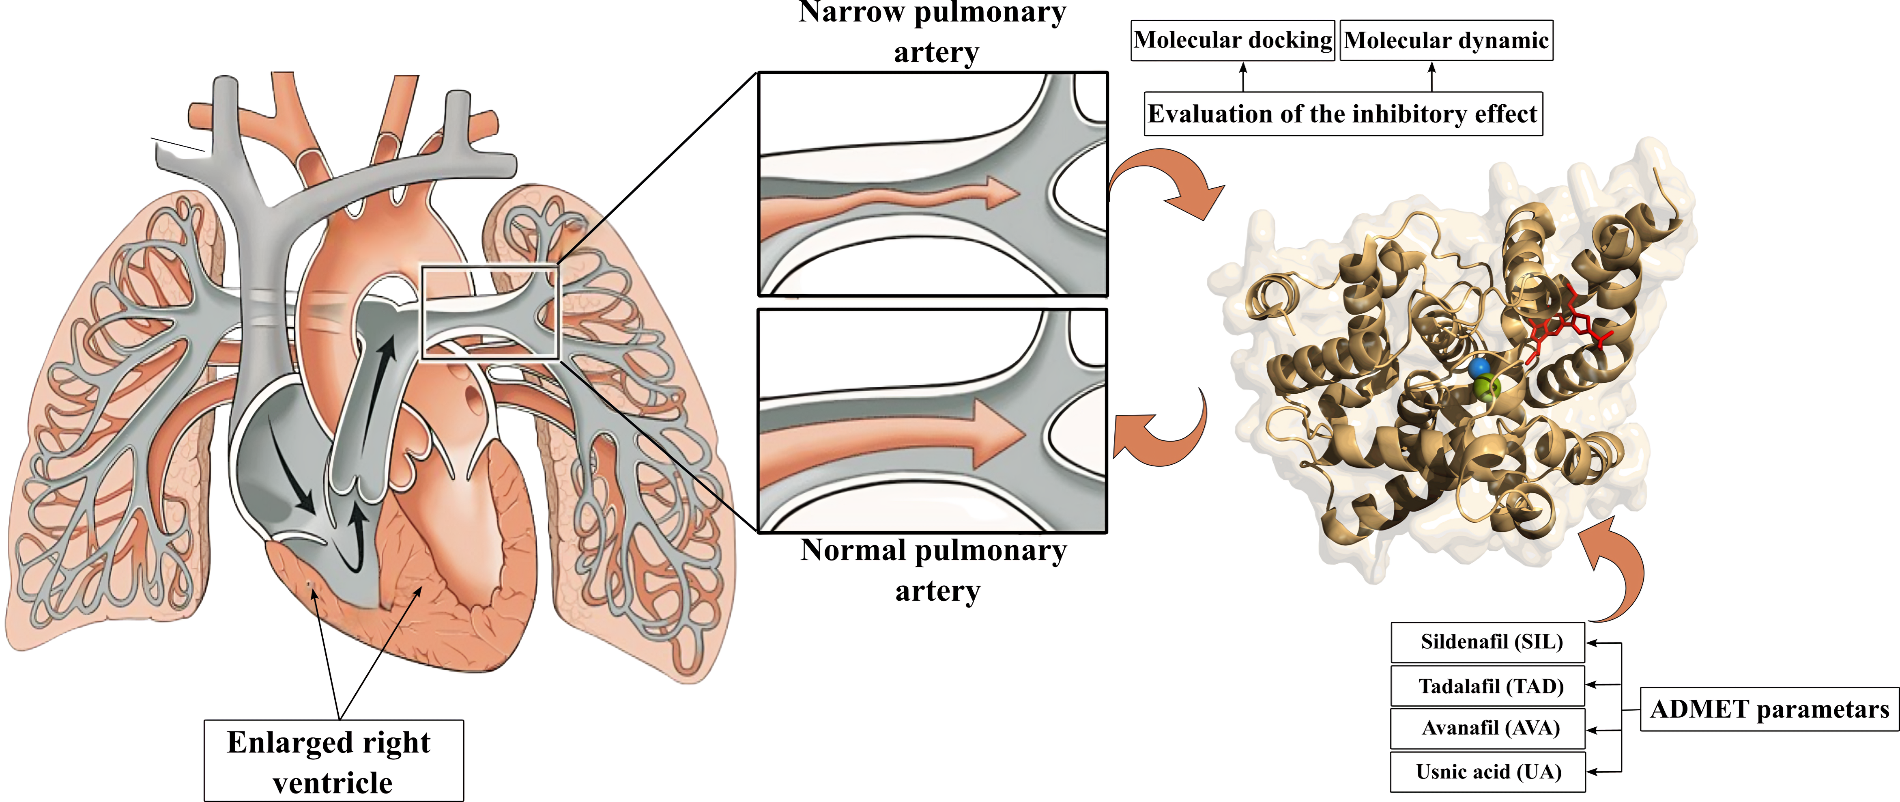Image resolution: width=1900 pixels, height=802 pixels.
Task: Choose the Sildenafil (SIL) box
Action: coord(1487,642)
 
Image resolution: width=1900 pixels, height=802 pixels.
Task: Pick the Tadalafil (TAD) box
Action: coord(1487,686)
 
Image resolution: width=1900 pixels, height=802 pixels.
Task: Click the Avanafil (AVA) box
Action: coord(1487,728)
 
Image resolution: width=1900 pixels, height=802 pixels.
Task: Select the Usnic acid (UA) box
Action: coord(1487,772)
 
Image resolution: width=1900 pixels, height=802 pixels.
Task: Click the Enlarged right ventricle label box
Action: coord(333,761)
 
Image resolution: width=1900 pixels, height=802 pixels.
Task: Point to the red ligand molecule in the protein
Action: coord(1564,328)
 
